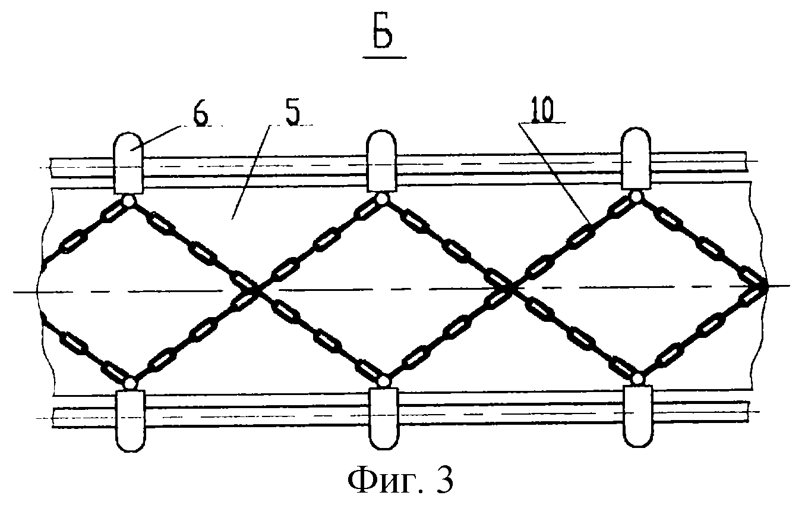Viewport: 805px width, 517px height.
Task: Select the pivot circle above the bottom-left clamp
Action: [130, 381]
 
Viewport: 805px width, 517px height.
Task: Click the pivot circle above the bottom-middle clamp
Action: [384, 380]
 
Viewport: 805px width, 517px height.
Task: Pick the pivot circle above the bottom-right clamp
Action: [638, 378]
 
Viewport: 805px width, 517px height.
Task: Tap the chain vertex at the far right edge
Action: [764, 286]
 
